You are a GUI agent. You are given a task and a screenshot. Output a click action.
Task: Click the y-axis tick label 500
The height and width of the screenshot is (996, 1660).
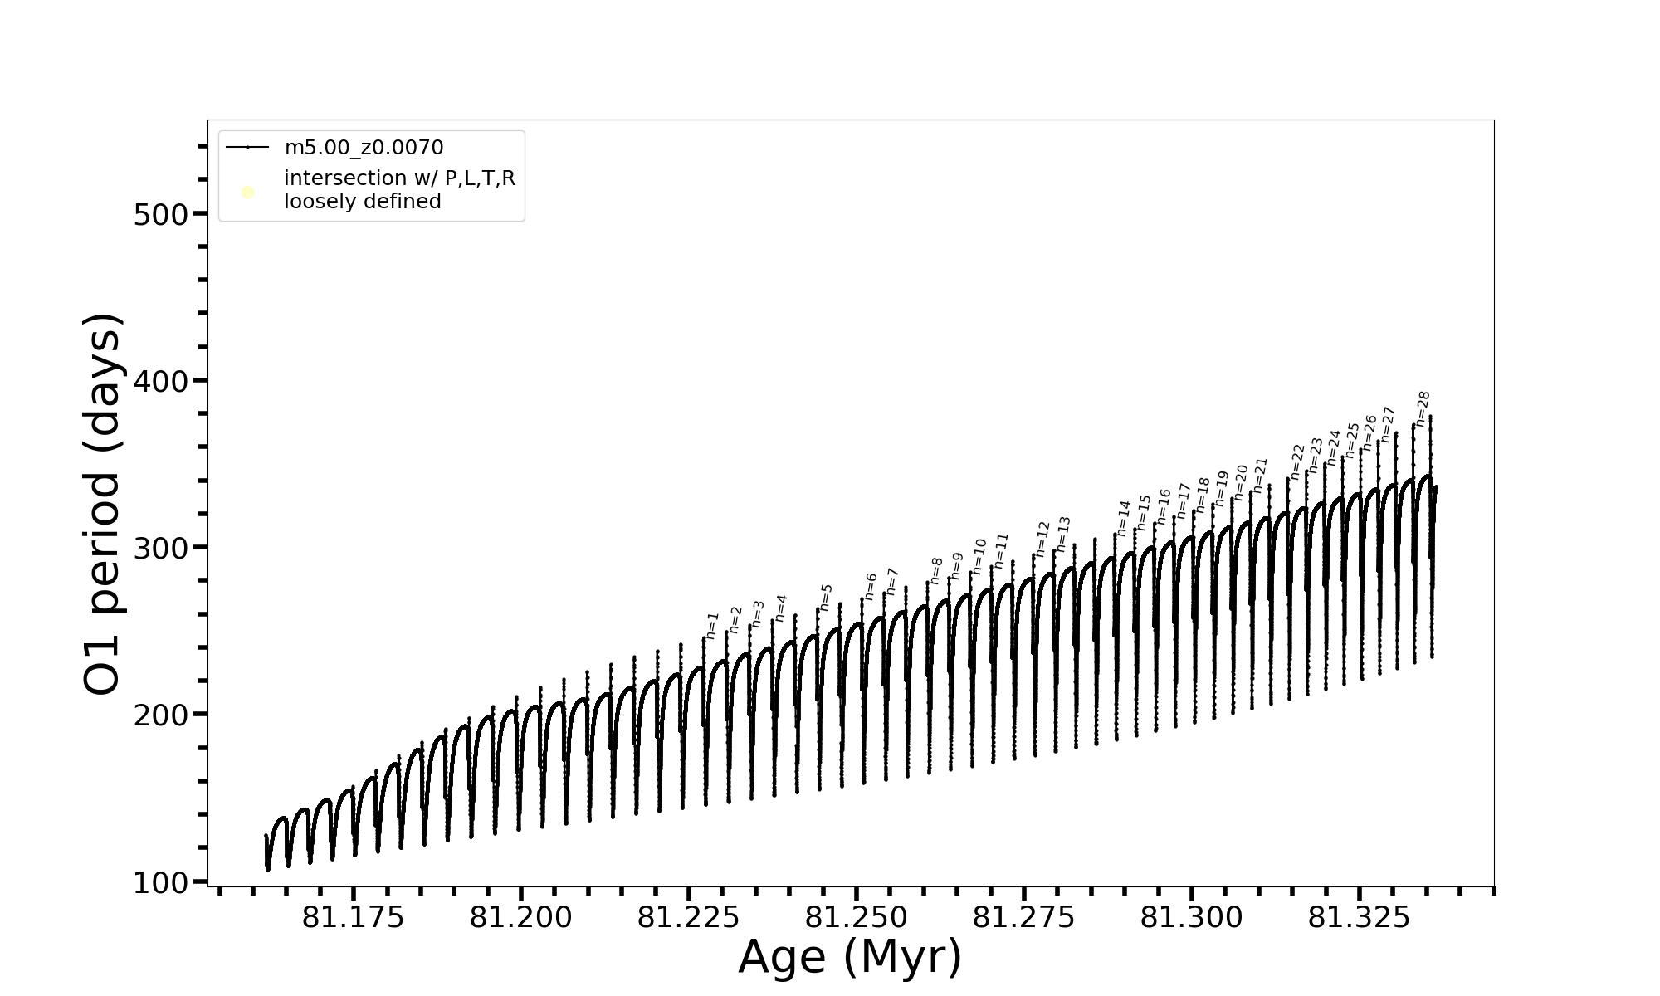coord(161,215)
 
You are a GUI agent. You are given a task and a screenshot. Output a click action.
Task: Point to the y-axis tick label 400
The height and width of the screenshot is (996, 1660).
coord(161,382)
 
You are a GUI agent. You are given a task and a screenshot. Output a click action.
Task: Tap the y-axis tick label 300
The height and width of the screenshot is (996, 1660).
coord(161,549)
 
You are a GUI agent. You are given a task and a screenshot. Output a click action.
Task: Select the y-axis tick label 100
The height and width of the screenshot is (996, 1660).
coord(161,882)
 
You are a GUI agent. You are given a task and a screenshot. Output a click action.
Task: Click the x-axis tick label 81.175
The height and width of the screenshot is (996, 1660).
coord(353,918)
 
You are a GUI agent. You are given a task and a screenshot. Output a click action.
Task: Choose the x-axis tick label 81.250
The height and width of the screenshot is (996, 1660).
coord(856,918)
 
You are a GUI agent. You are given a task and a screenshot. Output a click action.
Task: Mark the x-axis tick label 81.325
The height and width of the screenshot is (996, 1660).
coord(1359,918)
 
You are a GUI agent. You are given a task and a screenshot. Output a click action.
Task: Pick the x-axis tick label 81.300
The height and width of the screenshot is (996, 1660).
coord(1191,918)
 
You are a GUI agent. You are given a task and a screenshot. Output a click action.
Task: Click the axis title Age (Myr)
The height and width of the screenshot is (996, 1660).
coord(850,957)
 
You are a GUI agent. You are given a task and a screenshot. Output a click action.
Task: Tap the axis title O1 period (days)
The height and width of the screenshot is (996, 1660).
coord(104,504)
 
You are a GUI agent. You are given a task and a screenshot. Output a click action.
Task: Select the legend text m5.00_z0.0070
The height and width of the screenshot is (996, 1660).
coord(364,148)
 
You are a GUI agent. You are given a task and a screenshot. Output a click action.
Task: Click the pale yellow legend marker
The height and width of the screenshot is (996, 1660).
coord(247,193)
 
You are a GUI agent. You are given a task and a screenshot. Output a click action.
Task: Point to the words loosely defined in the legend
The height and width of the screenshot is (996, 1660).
coord(362,202)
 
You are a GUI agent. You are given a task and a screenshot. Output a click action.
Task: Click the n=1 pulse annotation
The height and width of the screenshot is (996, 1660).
coord(712,625)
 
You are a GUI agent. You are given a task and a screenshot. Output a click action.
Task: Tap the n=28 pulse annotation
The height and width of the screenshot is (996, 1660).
coord(1423,408)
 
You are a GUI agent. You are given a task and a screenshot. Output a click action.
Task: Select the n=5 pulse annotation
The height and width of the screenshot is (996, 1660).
coord(826,597)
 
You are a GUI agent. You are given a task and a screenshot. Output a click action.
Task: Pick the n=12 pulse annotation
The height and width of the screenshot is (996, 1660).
coord(1042,539)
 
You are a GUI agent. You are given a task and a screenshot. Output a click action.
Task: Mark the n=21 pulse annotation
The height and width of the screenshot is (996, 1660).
coord(1261,475)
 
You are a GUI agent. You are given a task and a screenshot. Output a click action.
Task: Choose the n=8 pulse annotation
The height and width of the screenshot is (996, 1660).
coord(936,570)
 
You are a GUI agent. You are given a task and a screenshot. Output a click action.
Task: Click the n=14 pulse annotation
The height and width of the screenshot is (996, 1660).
coord(1124,517)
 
